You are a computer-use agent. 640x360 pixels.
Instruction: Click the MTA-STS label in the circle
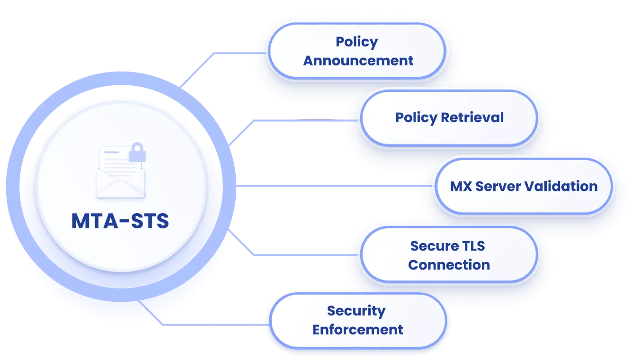click(x=120, y=221)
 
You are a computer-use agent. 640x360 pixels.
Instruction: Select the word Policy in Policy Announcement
click(x=357, y=42)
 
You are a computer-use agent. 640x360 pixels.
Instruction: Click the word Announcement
click(x=358, y=61)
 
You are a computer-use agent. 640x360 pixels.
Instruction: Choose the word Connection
click(x=449, y=265)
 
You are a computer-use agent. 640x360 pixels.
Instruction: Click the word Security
click(x=356, y=311)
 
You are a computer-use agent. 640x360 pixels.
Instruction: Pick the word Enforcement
click(x=358, y=330)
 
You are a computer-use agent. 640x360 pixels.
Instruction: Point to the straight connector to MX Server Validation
click(x=331, y=186)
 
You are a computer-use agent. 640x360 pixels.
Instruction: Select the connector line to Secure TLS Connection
click(x=308, y=255)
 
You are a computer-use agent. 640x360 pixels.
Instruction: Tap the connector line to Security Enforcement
click(x=213, y=324)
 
